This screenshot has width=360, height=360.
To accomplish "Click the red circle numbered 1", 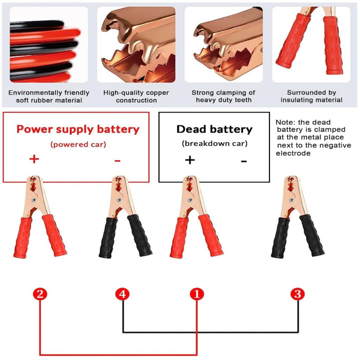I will (196, 294).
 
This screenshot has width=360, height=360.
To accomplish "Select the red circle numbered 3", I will (298, 294).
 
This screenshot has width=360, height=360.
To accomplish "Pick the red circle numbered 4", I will (123, 294).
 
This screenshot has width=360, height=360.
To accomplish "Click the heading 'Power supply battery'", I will (77, 129).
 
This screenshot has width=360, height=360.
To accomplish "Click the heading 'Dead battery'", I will (214, 129).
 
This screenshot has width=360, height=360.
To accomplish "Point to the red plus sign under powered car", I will (34, 159).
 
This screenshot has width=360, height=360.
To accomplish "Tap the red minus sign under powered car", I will (117, 160).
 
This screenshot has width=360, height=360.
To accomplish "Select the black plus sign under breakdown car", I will (189, 160).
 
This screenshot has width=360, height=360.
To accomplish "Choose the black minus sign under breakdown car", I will (243, 161).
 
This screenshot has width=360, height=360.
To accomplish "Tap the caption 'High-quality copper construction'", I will (136, 96).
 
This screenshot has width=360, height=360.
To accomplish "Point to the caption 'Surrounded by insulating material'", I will (311, 96).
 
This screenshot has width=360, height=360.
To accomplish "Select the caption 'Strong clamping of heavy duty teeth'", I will (223, 96).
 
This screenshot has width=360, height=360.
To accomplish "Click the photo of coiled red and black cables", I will (49, 44).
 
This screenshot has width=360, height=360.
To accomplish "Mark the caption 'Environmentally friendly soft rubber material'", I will (49, 96).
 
